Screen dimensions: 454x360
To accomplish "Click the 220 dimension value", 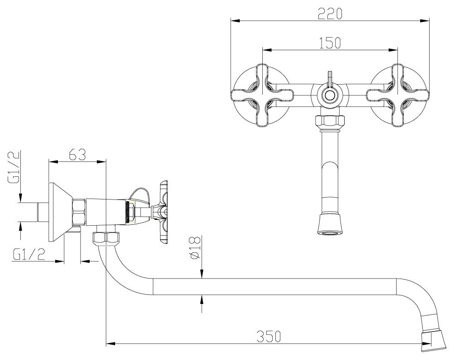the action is pyautogui.click(x=329, y=14).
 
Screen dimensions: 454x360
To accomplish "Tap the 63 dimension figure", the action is pyautogui.click(x=77, y=156).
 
